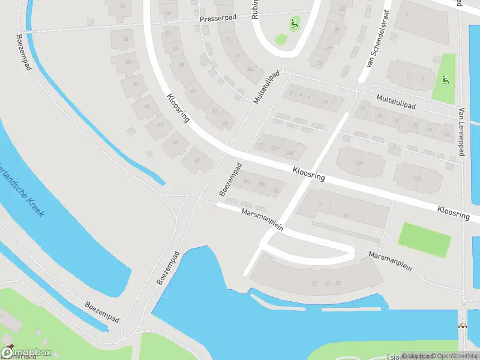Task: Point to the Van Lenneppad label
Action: tap(461, 132)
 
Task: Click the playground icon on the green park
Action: tap(444, 80)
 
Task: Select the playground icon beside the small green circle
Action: tap(294, 25)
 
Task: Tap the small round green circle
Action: tap(280, 40)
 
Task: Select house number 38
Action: tap(125, 39)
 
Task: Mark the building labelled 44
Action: tap(147, 106)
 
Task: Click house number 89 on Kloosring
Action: tap(193, 91)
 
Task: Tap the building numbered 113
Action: tap(417, 178)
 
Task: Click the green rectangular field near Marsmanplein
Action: tap(425, 240)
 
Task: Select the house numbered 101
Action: tap(275, 148)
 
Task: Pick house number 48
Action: tap(175, 142)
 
